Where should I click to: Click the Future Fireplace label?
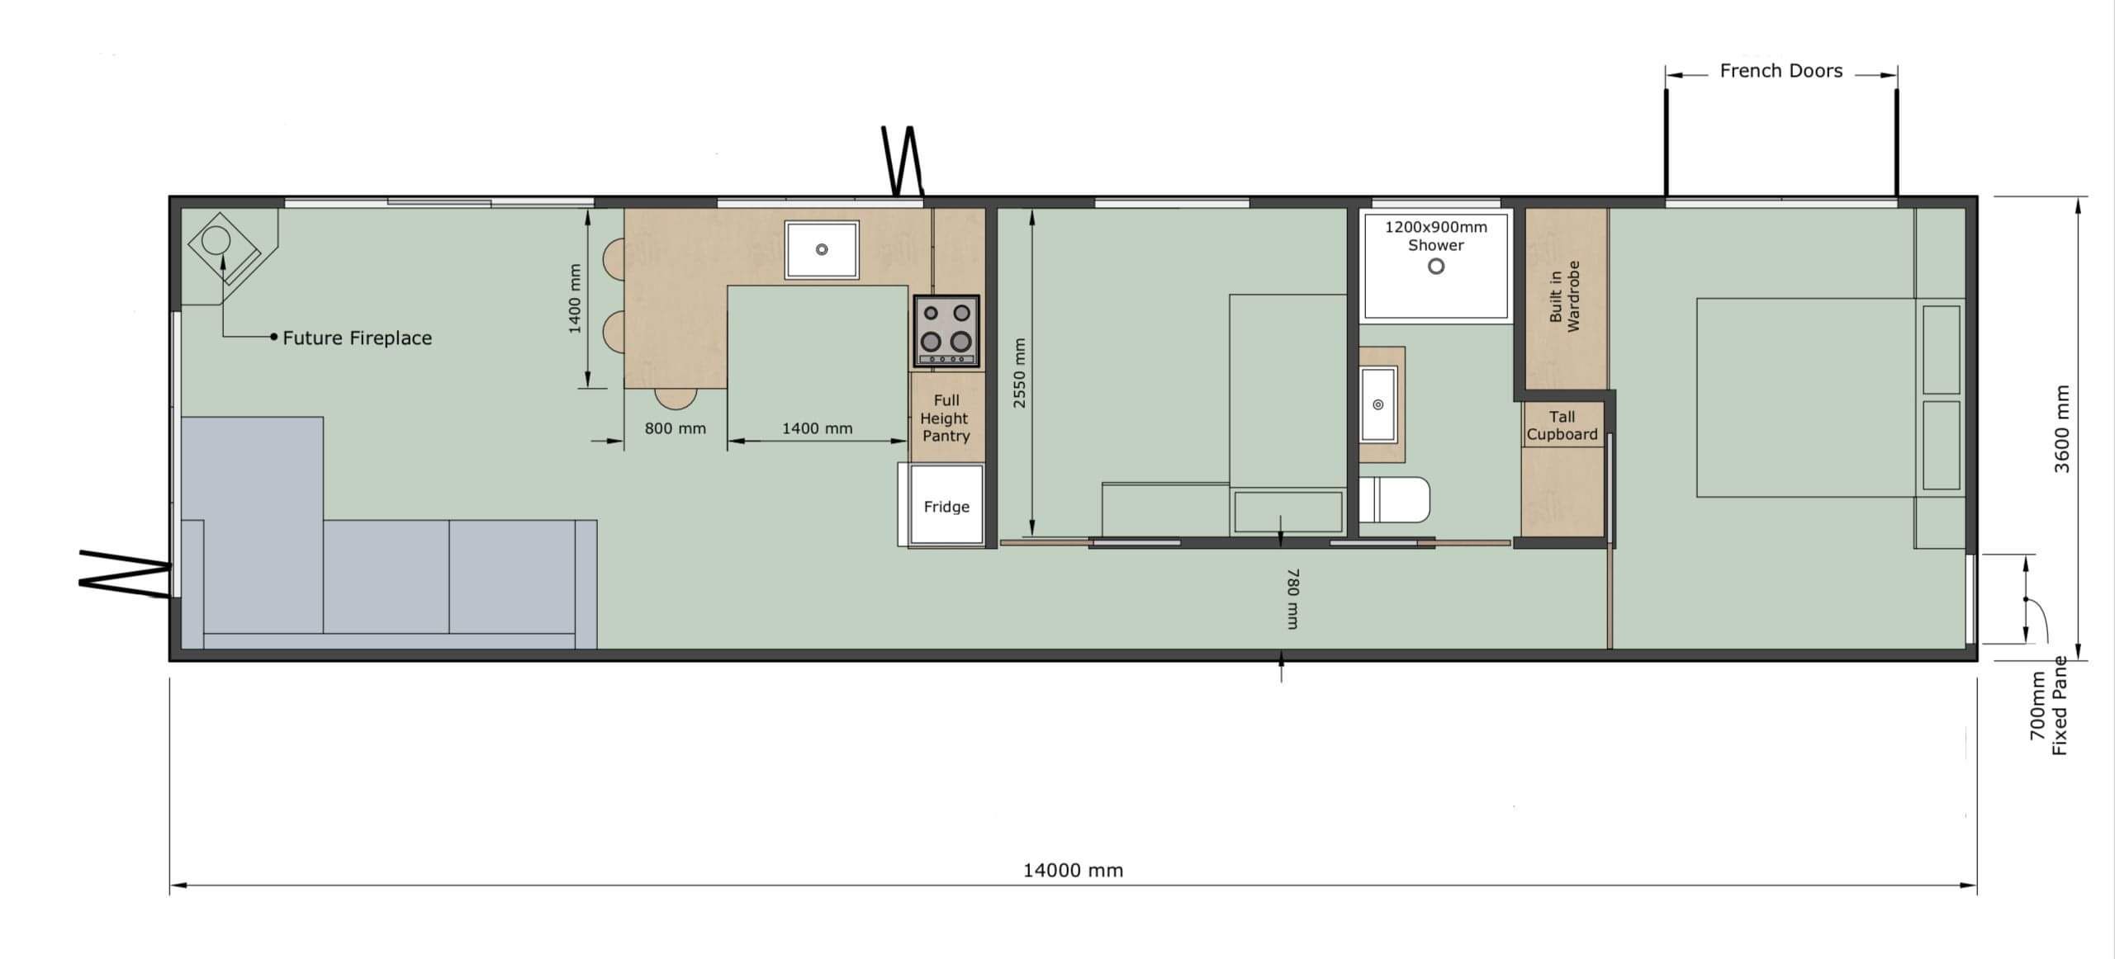357,338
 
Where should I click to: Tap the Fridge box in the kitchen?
946,505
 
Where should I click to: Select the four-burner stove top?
946,331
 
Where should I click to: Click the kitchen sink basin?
822,249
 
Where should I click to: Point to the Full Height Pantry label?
946,418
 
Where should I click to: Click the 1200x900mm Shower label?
1436,236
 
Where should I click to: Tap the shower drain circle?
1436,267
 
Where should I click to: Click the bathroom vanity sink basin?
1378,404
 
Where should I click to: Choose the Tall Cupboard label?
1562,426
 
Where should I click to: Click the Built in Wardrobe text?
1564,296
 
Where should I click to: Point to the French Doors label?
1781,71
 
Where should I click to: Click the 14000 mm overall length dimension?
1073,870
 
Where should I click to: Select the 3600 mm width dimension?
2062,428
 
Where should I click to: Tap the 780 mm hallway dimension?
1292,598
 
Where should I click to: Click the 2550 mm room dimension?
1019,372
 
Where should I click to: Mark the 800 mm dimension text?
675,428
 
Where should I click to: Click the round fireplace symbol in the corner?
216,241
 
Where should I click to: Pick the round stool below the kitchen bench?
676,399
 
